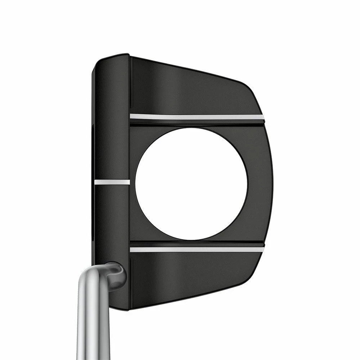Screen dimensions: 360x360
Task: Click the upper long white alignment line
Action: (x=197, y=117)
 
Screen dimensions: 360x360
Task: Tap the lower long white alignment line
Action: (x=197, y=249)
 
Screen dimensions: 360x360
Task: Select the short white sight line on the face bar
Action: (x=112, y=182)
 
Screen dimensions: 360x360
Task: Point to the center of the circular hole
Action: (x=192, y=184)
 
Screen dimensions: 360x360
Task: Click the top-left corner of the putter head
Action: (x=96, y=61)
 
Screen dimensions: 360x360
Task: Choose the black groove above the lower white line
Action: (x=197, y=243)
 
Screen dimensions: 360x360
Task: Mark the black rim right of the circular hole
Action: (x=259, y=184)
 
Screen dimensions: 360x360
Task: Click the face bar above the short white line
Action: (x=112, y=119)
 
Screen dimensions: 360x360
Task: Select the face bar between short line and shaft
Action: (x=112, y=223)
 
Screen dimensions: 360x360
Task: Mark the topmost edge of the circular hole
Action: (x=192, y=128)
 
